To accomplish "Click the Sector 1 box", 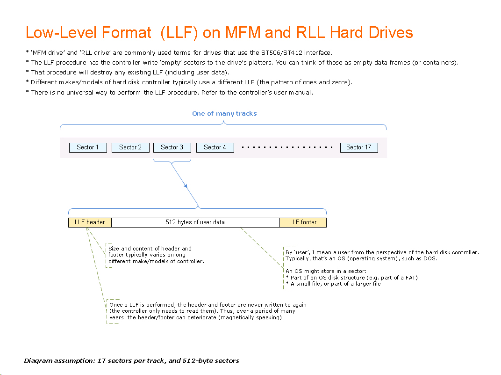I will [x=88, y=147].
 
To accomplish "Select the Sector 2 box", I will [x=130, y=147].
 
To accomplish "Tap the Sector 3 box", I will [x=172, y=147].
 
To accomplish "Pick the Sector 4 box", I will [x=215, y=147].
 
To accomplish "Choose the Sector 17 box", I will [x=359, y=147].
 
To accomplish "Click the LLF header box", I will [x=90, y=222].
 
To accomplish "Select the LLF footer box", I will [x=303, y=222].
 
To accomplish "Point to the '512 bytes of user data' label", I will [x=195, y=222].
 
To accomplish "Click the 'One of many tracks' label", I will [x=224, y=114].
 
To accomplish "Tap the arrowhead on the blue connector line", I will [x=186, y=186].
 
